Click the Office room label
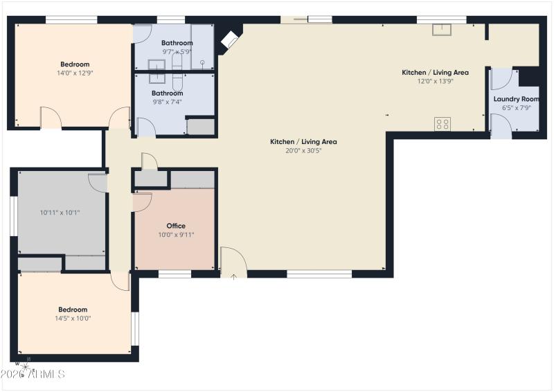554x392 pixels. pos(176,226)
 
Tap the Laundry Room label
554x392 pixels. pos(516,99)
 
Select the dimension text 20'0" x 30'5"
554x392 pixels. pos(303,150)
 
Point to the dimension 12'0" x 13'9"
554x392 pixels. pos(435,81)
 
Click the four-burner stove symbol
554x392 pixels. pos(442,124)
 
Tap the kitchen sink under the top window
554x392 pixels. pos(441,29)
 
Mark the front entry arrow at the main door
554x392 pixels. pos(234,276)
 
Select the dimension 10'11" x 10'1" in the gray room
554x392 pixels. pos(60,213)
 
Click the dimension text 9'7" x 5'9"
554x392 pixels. pos(177,51)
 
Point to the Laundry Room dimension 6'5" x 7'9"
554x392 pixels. pos(516,107)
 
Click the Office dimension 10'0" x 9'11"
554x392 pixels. pos(176,235)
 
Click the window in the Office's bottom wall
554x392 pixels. pos(175,274)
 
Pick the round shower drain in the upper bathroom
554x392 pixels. pos(202,62)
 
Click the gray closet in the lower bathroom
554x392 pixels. pos(201,127)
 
